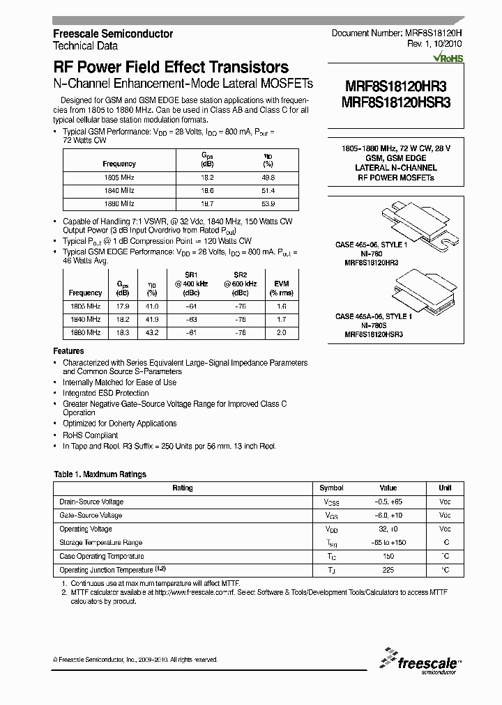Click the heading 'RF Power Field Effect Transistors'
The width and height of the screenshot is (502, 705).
[171, 68]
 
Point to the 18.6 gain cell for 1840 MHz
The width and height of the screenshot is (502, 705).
[207, 190]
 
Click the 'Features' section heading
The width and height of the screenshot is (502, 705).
[68, 351]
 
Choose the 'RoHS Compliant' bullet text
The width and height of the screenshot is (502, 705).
[90, 435]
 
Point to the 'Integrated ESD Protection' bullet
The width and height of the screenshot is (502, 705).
[105, 393]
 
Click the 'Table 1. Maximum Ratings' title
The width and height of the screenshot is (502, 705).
[100, 474]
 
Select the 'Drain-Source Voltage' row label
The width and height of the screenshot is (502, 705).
[91, 502]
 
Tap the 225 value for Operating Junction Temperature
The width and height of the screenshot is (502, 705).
[388, 570]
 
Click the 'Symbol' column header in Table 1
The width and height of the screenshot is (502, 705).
[332, 488]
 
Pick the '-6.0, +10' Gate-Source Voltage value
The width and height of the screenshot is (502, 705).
[388, 516]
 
